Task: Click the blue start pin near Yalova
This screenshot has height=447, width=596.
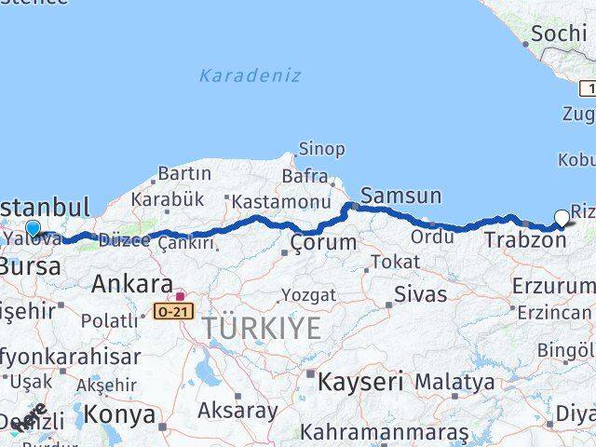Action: (33, 228)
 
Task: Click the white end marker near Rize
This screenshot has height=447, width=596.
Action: (562, 219)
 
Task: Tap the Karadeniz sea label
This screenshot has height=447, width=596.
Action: (250, 75)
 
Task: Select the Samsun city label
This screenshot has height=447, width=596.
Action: (400, 196)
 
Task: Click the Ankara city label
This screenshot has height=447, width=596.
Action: (131, 283)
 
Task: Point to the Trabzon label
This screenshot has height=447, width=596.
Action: (525, 240)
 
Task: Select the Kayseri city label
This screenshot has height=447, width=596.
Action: (360, 381)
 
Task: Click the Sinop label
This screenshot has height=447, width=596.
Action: (321, 149)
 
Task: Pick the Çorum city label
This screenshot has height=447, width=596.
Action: (323, 243)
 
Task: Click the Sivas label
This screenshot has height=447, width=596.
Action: (421, 295)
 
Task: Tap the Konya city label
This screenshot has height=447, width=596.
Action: (119, 414)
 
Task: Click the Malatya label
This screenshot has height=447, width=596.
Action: (454, 382)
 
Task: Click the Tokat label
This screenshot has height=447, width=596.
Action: (396, 263)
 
